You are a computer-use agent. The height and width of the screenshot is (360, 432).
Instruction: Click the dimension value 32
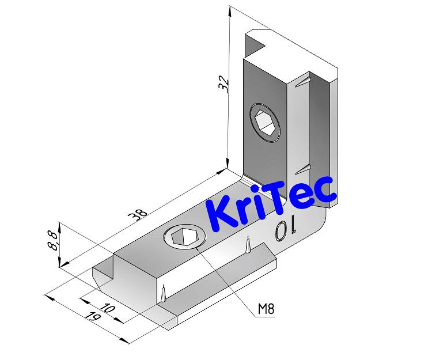224,84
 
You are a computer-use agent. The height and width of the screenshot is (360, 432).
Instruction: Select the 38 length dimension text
138,214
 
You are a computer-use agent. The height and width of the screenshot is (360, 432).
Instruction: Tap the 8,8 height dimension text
53,239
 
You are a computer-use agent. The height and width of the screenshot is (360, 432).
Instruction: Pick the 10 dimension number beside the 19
108,309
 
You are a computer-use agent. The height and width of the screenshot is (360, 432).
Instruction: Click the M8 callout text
266,309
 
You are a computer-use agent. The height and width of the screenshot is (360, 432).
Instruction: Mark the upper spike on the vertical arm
302,82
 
